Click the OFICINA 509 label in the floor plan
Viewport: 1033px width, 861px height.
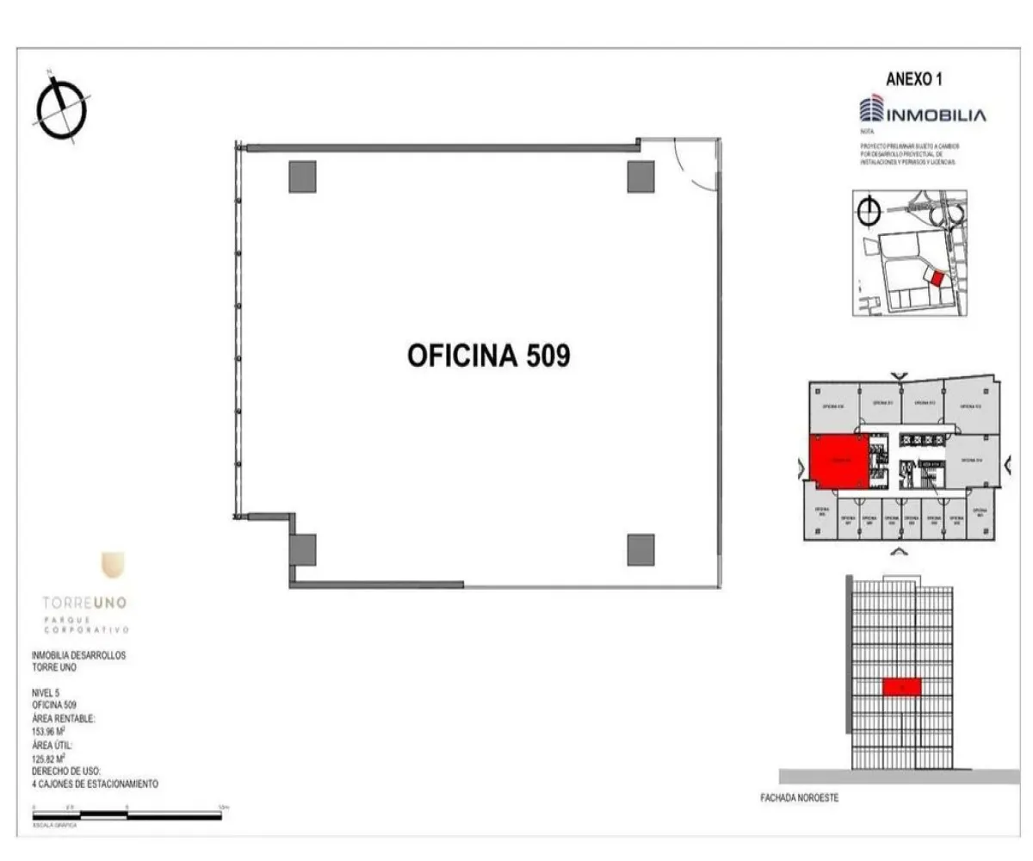click(488, 356)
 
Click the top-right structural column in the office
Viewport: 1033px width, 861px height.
click(640, 177)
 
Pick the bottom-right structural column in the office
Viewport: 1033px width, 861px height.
click(640, 549)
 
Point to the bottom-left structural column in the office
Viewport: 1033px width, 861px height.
click(303, 549)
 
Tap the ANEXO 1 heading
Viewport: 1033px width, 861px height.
click(913, 79)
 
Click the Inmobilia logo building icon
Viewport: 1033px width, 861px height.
click(871, 110)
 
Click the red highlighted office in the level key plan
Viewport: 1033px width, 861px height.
click(838, 461)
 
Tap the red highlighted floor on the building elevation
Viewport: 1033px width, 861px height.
click(901, 686)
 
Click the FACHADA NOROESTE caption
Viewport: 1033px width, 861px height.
click(799, 798)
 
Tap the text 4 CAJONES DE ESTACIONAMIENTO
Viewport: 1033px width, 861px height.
click(95, 784)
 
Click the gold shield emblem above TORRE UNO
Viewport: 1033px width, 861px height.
click(113, 565)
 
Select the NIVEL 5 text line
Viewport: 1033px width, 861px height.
click(46, 692)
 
